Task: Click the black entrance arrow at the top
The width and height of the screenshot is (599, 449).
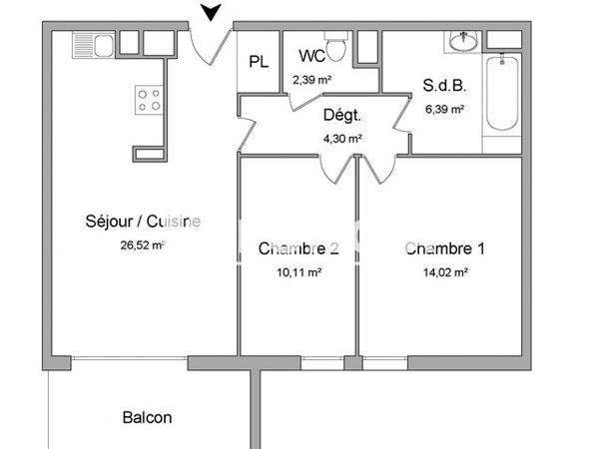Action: [x=211, y=13]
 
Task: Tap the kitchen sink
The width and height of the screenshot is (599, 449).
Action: [x=94, y=44]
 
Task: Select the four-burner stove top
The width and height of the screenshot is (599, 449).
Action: [x=149, y=99]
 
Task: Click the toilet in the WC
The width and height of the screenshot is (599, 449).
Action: [x=337, y=46]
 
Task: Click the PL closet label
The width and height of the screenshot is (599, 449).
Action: [x=259, y=62]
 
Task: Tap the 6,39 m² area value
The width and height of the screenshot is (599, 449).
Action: [x=444, y=108]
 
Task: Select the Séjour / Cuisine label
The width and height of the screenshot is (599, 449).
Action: [x=144, y=222]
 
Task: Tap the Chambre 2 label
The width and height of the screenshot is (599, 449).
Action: [x=299, y=248]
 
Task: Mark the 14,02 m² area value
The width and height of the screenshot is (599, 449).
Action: [x=445, y=270]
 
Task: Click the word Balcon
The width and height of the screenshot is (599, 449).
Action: [x=148, y=417]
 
